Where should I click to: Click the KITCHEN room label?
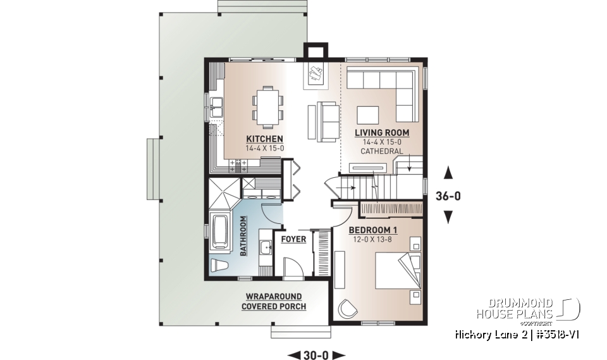tap(264, 139)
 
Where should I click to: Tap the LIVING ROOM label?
tap(381, 133)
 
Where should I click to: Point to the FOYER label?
tap(294, 240)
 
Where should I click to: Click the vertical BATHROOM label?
tap(243, 236)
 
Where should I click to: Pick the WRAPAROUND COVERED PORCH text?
tap(273, 301)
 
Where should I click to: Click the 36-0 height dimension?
tap(448, 196)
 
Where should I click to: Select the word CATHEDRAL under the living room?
tap(381, 151)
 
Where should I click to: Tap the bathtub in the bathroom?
tap(218, 233)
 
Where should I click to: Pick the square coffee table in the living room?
tap(367, 114)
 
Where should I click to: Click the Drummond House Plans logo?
tap(528, 310)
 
